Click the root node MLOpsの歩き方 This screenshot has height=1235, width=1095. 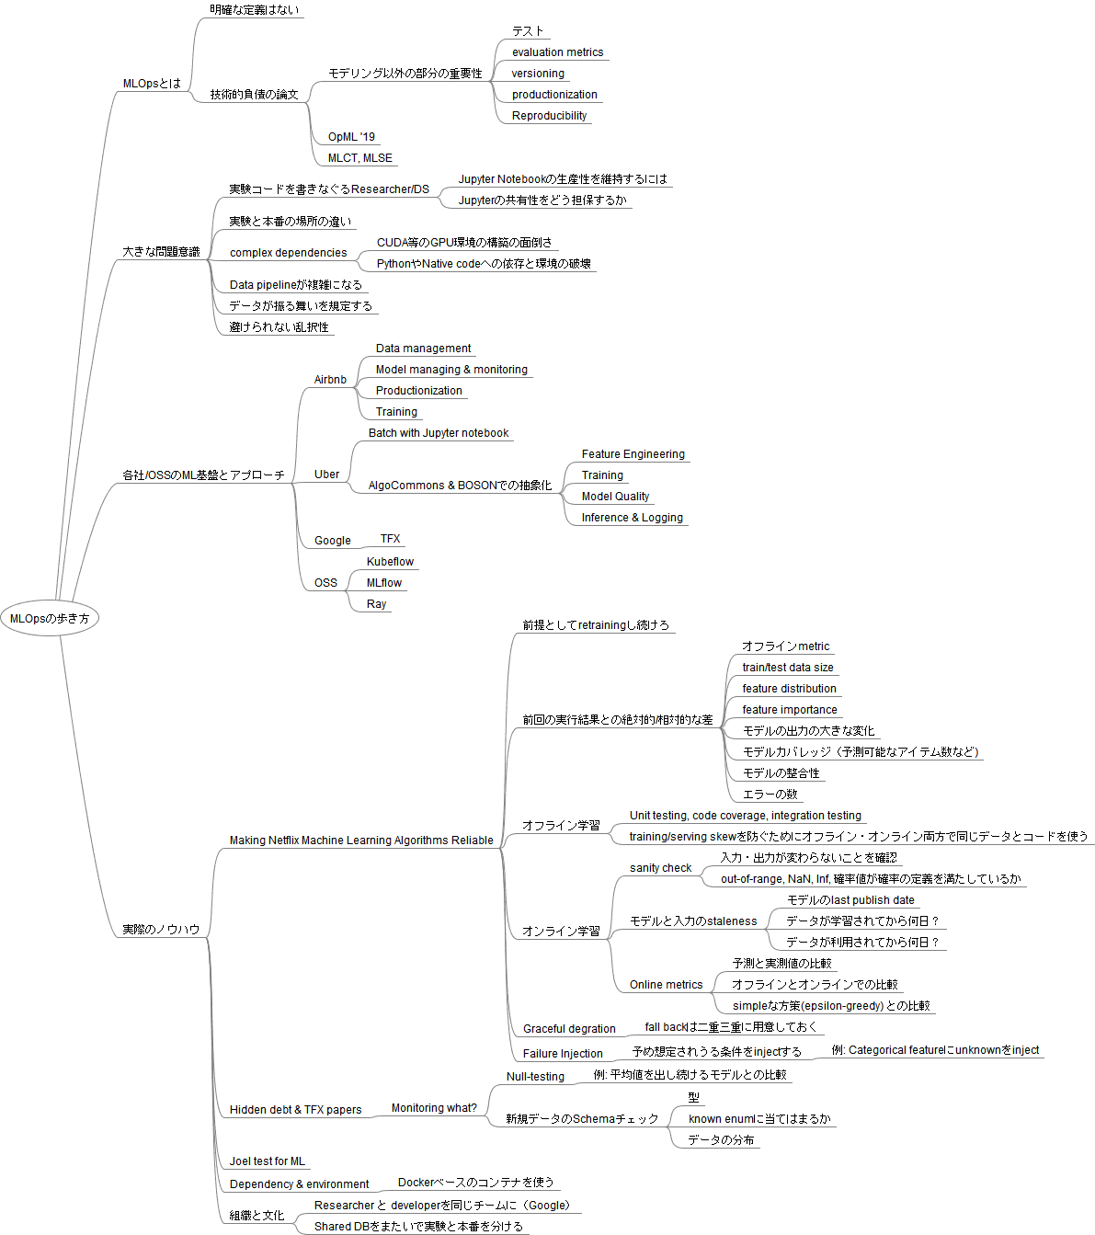pyautogui.click(x=50, y=619)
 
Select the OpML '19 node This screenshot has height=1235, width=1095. pyautogui.click(x=351, y=137)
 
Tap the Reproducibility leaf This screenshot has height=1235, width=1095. pyautogui.click(x=549, y=116)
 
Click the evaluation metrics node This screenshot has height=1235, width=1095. pyautogui.click(x=557, y=52)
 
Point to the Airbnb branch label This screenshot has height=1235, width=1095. pyautogui.click(x=330, y=380)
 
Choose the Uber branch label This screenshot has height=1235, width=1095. pyautogui.click(x=326, y=475)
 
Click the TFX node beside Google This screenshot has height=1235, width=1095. pyautogui.click(x=390, y=539)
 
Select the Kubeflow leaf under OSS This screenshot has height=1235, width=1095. pyautogui.click(x=390, y=562)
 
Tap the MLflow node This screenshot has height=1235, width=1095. pyautogui.click(x=383, y=583)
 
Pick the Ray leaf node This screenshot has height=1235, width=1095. pyautogui.click(x=376, y=604)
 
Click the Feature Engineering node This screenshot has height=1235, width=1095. pyautogui.click(x=633, y=454)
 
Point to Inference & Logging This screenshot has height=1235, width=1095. pyautogui.click(x=632, y=518)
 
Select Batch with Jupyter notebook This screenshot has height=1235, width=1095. pyautogui.click(x=438, y=433)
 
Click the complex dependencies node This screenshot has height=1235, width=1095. pyautogui.click(x=288, y=253)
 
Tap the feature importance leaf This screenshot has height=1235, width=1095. pyautogui.click(x=789, y=710)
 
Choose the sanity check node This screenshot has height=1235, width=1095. pyautogui.click(x=660, y=868)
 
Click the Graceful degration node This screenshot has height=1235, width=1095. pyautogui.click(x=569, y=1029)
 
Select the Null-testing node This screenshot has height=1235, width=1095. pyautogui.click(x=535, y=1077)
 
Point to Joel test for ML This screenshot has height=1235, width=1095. pyautogui.click(x=267, y=1161)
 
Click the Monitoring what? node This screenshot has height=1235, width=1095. pyautogui.click(x=434, y=1108)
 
